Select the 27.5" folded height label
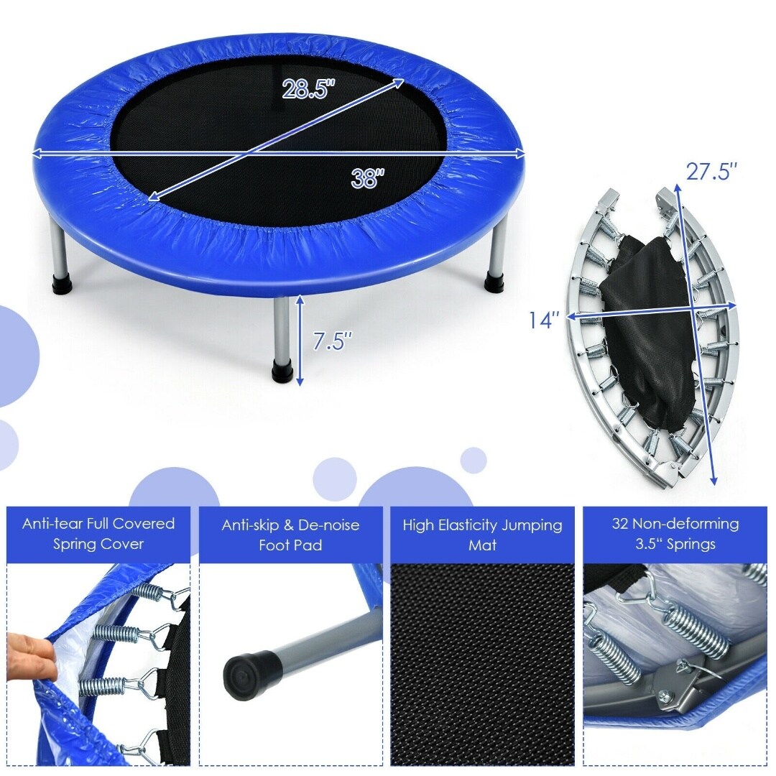coord(711,172)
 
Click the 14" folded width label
coord(544,320)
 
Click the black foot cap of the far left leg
coord(62,282)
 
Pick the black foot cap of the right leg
coord(494,280)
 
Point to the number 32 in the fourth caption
coord(620,523)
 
